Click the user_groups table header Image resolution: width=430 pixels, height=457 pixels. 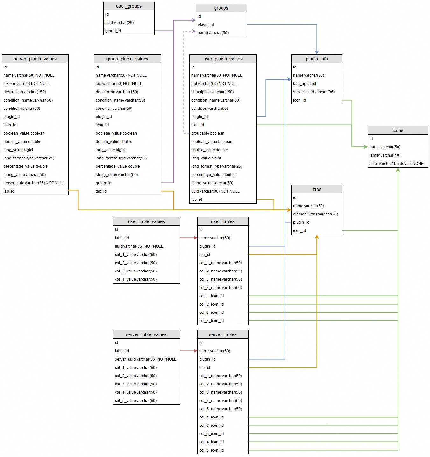click(x=129, y=6)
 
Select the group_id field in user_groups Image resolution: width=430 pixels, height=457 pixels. click(x=113, y=31)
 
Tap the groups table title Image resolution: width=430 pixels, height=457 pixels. click(x=221, y=8)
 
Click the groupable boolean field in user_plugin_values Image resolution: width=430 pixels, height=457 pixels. click(x=208, y=133)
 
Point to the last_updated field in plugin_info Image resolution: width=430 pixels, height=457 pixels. click(x=304, y=84)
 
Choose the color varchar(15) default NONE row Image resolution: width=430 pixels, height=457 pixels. click(x=396, y=164)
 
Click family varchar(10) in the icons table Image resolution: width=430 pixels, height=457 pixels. click(x=385, y=155)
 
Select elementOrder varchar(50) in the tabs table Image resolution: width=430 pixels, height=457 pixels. click(x=315, y=214)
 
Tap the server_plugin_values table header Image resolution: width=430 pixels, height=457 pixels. click(x=35, y=59)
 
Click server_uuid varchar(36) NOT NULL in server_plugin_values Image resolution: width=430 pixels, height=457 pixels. click(x=34, y=183)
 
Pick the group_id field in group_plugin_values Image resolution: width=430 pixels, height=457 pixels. click(x=103, y=183)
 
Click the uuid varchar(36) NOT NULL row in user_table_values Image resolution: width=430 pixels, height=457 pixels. click(x=139, y=246)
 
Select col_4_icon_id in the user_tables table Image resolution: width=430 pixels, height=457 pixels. click(x=211, y=321)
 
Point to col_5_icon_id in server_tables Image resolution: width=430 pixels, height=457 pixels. click(x=211, y=450)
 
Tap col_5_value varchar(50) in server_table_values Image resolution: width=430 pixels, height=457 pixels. click(x=136, y=401)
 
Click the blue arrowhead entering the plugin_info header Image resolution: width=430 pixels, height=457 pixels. click(x=317, y=52)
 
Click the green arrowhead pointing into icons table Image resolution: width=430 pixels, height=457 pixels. click(x=365, y=147)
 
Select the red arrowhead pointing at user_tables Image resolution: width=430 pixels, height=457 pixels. click(x=195, y=238)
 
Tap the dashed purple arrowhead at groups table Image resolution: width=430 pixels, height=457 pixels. click(x=194, y=31)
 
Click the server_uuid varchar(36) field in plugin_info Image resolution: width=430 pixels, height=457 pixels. click(x=314, y=92)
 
